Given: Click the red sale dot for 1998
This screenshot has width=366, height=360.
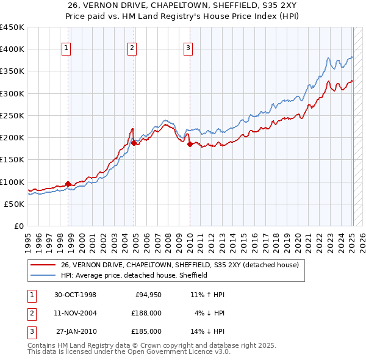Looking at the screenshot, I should coord(68,184).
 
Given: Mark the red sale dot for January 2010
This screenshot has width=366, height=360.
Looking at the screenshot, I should coord(190,144).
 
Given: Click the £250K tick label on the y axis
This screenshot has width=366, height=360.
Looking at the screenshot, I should coord(12,115).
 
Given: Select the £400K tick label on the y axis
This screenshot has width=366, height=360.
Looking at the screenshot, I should coord(12,49).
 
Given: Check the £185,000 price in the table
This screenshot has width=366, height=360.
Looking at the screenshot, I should coord(146,331).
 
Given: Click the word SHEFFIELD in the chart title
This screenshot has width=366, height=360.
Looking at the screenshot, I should coord(232,6).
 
